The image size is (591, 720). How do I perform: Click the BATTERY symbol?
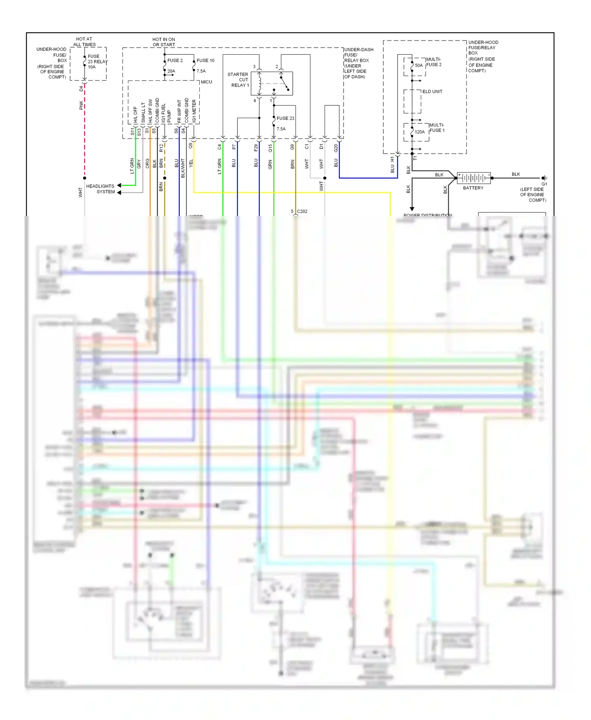click(474, 178)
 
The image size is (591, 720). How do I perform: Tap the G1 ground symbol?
click(544, 178)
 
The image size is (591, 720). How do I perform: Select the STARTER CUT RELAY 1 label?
click(238, 80)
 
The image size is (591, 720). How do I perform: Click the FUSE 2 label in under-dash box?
click(175, 60)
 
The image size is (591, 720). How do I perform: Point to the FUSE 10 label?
click(205, 60)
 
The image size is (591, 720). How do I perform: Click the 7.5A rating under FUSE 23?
click(281, 129)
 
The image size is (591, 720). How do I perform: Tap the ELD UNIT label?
click(432, 91)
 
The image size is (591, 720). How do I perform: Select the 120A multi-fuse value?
click(420, 132)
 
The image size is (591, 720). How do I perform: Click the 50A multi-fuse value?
click(418, 65)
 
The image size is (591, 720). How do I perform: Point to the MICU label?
click(206, 82)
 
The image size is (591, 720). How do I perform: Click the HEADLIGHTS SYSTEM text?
click(101, 189)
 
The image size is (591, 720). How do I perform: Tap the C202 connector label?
click(302, 212)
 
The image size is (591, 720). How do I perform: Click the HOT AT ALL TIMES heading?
click(84, 42)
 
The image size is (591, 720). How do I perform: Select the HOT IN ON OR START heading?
click(164, 42)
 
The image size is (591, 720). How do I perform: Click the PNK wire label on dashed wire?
click(81, 105)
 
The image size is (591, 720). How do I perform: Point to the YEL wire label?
click(191, 163)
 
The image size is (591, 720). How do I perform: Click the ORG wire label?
click(147, 163)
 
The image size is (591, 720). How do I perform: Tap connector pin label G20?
click(336, 148)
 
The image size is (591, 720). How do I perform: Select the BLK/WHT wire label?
click(183, 168)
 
